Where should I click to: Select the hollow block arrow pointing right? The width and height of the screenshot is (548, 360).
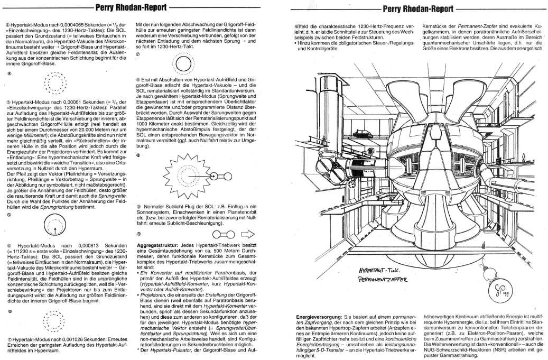248,234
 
